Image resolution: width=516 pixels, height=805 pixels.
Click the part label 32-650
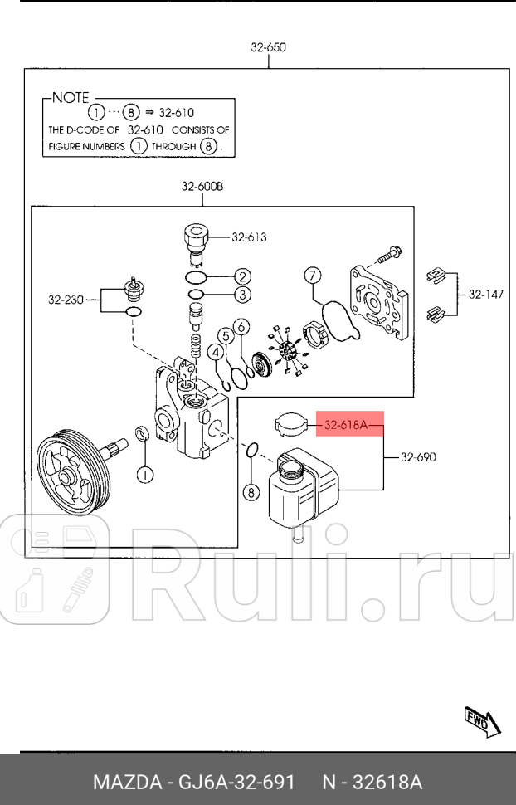pos(268,48)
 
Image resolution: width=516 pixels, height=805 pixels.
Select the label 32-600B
pos(202,187)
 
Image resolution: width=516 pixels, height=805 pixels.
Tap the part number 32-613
pos(249,237)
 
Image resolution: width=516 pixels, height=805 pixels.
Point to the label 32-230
pos(66,299)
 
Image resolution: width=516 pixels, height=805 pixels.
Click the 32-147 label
pos(485,294)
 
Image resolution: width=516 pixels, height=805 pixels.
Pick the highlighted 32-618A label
pos(345,426)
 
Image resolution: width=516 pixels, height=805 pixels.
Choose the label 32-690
pos(418,456)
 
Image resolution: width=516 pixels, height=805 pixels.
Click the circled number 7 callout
pos(312,275)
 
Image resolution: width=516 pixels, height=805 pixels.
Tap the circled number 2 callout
pos(242,276)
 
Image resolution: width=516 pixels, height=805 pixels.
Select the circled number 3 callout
pos(242,295)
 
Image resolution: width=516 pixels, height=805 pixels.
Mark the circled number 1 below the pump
pos(144,476)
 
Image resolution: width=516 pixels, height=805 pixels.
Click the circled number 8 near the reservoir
pos(251,492)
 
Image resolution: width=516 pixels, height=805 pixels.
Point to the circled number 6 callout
pos(240,327)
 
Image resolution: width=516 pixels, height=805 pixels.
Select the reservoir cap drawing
pos(290,424)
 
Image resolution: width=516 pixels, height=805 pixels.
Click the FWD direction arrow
pos(482,720)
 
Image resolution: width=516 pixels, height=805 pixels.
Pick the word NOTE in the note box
pos(71,97)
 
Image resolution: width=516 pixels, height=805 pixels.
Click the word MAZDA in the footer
pos(125,783)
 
